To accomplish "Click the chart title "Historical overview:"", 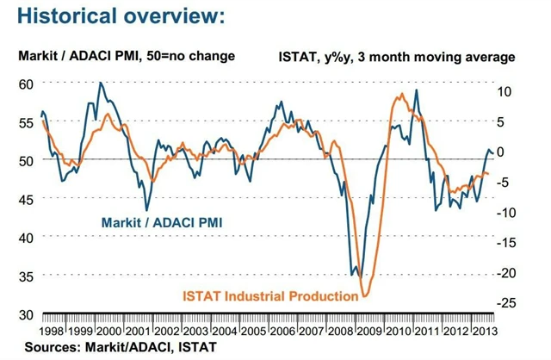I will [x=121, y=16].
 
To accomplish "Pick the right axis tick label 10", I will [x=505, y=90].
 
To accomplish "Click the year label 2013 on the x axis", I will [x=487, y=331].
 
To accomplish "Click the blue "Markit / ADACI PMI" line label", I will [x=164, y=221].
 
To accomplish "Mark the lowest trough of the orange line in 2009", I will [x=364, y=296].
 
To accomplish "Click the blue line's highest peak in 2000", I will [x=101, y=83].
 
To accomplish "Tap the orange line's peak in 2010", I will [x=400, y=94].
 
